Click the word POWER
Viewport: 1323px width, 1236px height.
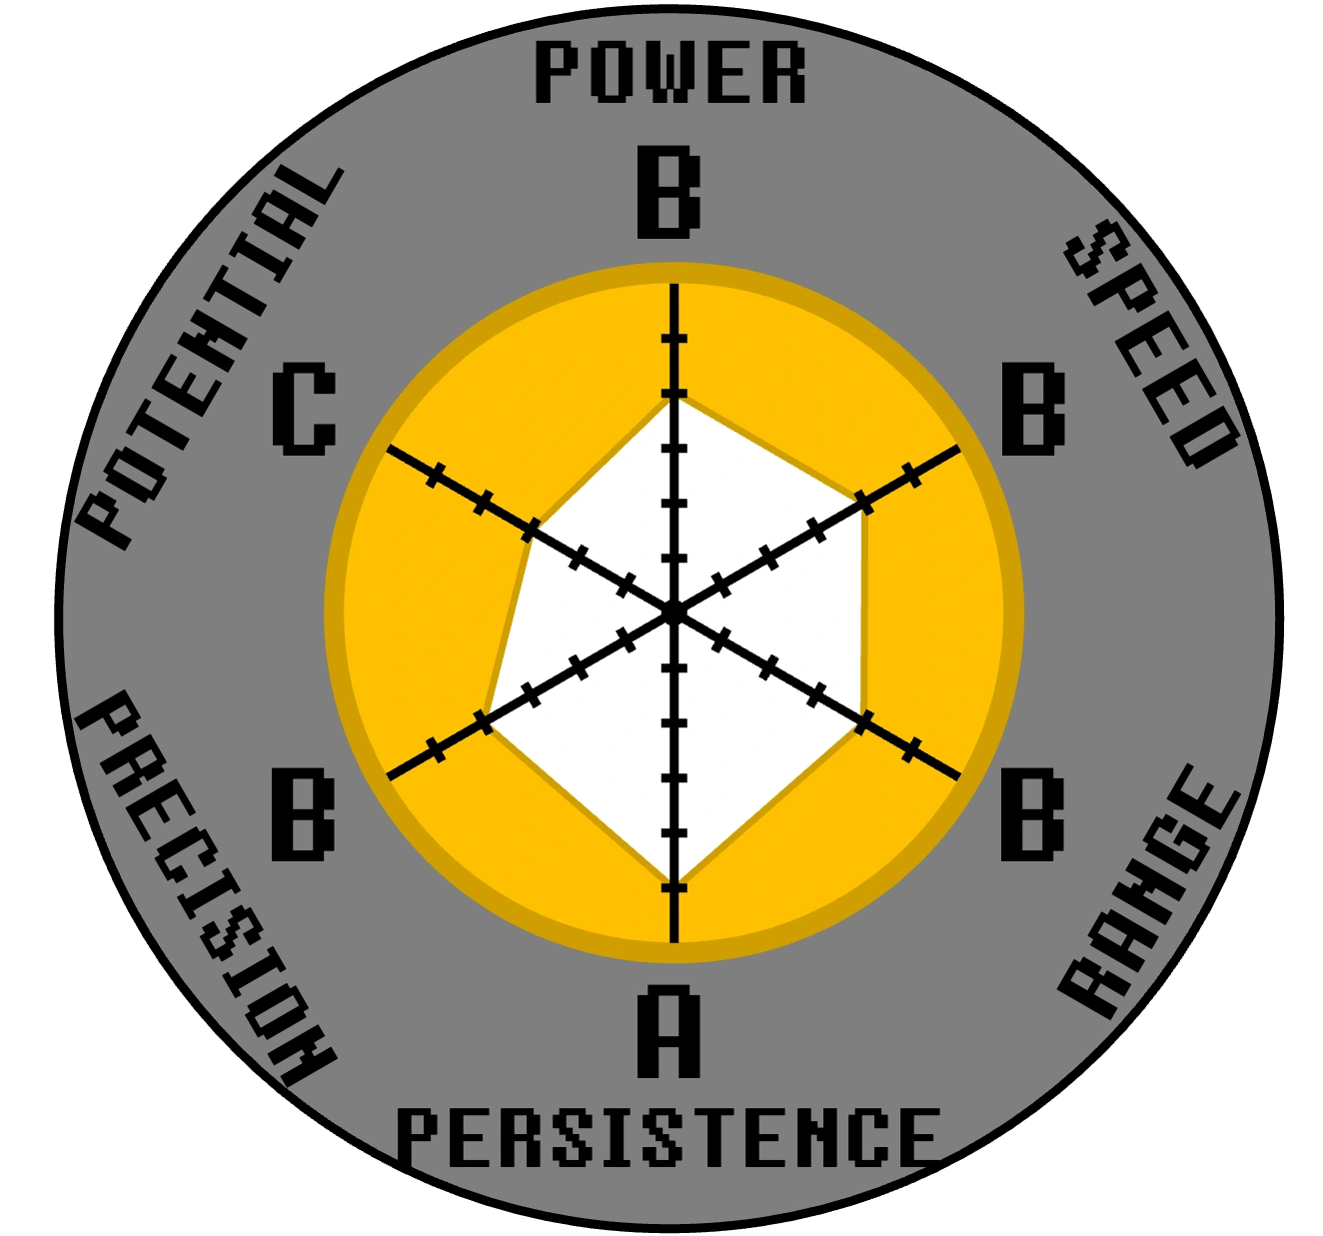click(x=669, y=73)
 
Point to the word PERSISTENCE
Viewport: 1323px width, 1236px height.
click(x=668, y=1137)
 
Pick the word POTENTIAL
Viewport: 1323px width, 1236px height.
click(x=211, y=356)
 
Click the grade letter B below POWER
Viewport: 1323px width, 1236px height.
click(x=668, y=193)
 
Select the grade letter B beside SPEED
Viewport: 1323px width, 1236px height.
click(x=1033, y=409)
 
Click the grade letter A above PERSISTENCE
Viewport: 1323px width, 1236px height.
click(x=668, y=1031)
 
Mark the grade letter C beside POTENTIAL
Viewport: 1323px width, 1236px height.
click(x=303, y=410)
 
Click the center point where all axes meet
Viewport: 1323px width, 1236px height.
click(x=673, y=612)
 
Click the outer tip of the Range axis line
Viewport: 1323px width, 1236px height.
click(x=959, y=776)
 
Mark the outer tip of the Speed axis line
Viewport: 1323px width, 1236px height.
click(x=959, y=448)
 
